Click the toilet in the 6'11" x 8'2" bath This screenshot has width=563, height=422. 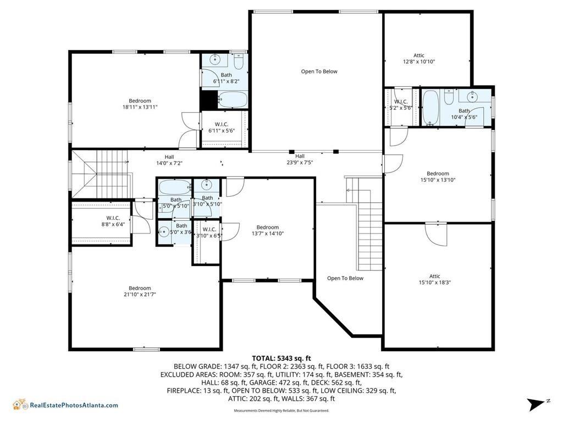[239, 59]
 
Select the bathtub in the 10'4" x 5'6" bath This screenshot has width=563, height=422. [430, 107]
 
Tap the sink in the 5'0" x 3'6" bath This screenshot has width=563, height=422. [164, 231]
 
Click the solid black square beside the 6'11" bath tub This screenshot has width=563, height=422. [208, 100]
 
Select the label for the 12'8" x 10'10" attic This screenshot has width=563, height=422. [419, 59]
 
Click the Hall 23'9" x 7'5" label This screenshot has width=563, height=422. [300, 159]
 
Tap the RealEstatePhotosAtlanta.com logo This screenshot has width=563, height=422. [65, 405]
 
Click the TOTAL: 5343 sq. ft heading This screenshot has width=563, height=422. [281, 358]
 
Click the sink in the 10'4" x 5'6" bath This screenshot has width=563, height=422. [472, 98]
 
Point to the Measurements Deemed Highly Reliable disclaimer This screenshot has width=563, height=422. [281, 410]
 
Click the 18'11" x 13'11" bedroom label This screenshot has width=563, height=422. [140, 104]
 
